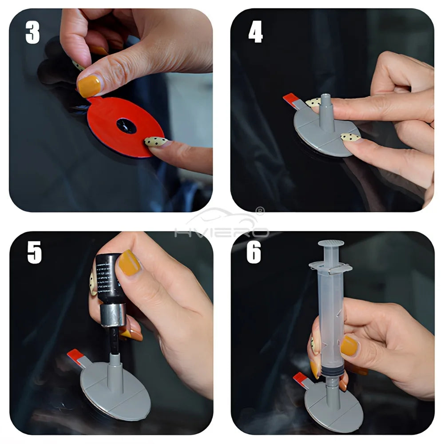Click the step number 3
pyautogui.click(x=32, y=32)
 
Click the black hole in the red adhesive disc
pyautogui.click(x=127, y=126)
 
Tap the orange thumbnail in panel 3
pyautogui.click(x=89, y=86)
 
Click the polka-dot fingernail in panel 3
pyautogui.click(x=156, y=142)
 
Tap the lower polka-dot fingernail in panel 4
pyautogui.click(x=350, y=138)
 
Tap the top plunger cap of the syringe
pyautogui.click(x=331, y=244)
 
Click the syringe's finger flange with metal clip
pyautogui.click(x=331, y=267)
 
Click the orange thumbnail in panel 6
pyautogui.click(x=349, y=345)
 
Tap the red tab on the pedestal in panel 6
pyautogui.click(x=300, y=378)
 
